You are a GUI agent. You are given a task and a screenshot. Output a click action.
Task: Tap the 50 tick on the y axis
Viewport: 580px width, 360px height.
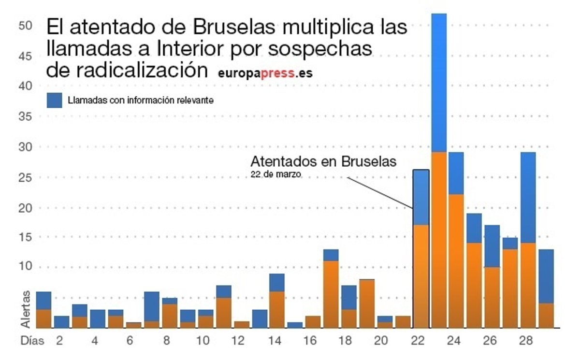(x=27, y=25)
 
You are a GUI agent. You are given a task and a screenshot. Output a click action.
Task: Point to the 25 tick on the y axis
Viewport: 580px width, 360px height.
(x=27, y=178)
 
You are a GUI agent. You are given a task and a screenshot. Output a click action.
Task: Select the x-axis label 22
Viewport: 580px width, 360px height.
(x=417, y=341)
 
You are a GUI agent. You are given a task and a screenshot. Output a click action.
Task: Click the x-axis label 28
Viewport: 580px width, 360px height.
(x=525, y=341)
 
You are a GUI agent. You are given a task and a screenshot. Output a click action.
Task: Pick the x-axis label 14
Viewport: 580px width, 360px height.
(x=274, y=341)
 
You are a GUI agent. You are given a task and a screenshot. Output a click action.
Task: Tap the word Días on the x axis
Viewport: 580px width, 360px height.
(x=32, y=341)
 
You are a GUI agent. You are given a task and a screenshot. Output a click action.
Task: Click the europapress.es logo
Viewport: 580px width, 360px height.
(x=265, y=73)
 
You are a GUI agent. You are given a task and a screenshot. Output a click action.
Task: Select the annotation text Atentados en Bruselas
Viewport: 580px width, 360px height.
(x=323, y=161)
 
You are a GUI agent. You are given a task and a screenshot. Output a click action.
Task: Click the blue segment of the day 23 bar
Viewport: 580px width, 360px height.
(x=439, y=82)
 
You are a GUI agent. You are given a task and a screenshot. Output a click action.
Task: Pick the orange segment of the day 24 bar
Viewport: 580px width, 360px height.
(x=456, y=261)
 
